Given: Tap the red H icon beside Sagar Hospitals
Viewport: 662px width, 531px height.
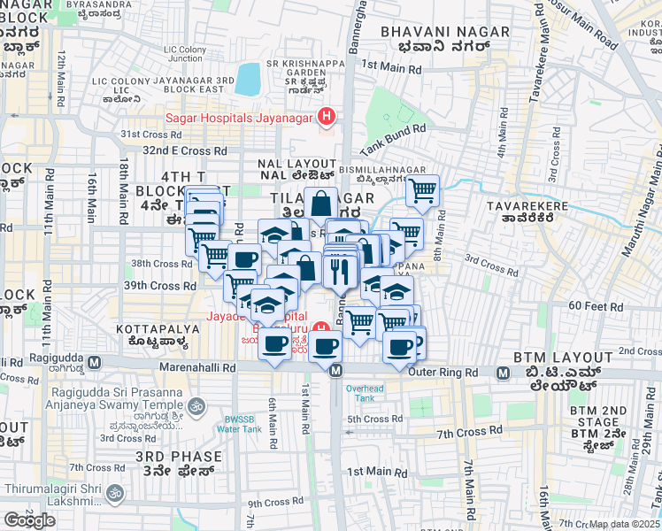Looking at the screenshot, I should click(x=327, y=116).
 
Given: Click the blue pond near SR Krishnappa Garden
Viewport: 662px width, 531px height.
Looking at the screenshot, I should click(x=249, y=79).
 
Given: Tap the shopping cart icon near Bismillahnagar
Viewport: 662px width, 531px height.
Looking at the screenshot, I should click(x=423, y=189).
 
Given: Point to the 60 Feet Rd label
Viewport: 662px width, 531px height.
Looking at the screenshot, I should click(x=587, y=305).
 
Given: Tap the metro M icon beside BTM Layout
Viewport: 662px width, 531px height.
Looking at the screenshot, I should click(x=503, y=373).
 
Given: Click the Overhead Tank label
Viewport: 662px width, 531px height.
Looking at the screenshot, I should click(x=365, y=392).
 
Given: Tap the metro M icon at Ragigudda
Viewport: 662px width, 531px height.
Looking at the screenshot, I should click(x=104, y=363).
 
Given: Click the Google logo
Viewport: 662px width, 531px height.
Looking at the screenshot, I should click(x=29, y=520).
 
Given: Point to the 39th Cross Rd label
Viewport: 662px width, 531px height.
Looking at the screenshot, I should click(x=160, y=286).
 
